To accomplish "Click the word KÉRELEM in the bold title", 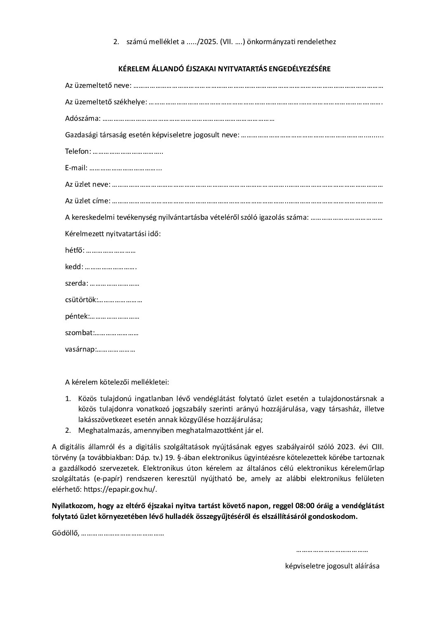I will pyautogui.click(x=133, y=69).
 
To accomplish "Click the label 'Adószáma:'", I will pyautogui.click(x=82, y=119).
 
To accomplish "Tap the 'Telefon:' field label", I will pyautogui.click(x=78, y=152).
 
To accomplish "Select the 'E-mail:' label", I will pyautogui.click(x=76, y=168).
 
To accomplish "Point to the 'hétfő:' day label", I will pyautogui.click(x=75, y=251).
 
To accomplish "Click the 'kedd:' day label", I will pyautogui.click(x=74, y=267).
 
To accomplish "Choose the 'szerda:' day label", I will pyautogui.click(x=76, y=284).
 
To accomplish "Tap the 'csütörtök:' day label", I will pyautogui.click(x=81, y=300).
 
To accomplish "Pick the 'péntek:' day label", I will pyautogui.click(x=77, y=317).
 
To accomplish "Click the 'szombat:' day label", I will pyautogui.click(x=80, y=333).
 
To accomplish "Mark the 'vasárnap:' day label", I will pyautogui.click(x=80, y=350).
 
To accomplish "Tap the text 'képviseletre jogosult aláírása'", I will pyautogui.click(x=332, y=566).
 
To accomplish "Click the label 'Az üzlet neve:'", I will pyautogui.click(x=87, y=185).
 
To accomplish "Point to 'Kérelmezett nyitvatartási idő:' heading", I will pyautogui.click(x=113, y=234).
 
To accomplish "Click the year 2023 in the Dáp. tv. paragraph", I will pyautogui.click(x=345, y=447).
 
